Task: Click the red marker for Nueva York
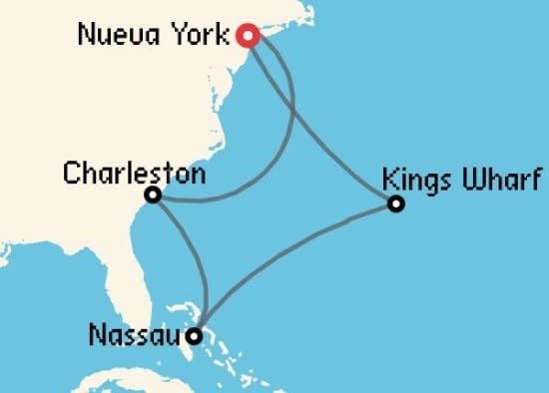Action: [x=249, y=36]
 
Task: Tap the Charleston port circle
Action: [x=153, y=195]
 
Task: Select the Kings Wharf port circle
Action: [x=396, y=204]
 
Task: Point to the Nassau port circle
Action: [x=196, y=335]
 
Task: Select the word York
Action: [x=206, y=36]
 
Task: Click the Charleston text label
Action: [x=134, y=174]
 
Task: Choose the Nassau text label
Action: [x=135, y=334]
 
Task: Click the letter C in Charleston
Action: [x=71, y=174]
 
